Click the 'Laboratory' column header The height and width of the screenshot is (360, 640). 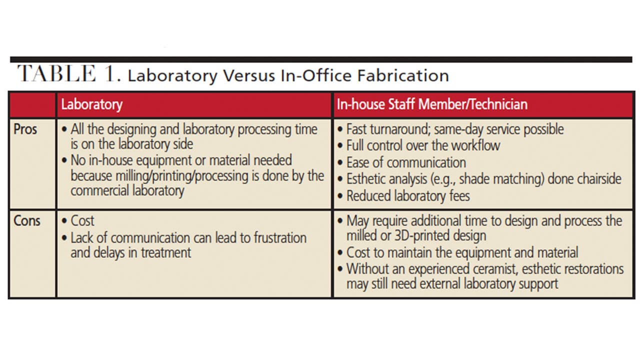91,104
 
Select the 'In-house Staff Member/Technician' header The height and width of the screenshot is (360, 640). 432,104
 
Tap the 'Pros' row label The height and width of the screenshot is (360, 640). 25,129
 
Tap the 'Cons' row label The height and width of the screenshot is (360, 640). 27,221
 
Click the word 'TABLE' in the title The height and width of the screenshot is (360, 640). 56,73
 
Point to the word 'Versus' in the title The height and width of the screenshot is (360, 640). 249,75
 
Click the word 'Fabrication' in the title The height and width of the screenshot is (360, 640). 403,75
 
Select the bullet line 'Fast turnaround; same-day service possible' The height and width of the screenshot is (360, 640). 450,129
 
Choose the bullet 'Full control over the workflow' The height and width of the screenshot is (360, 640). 419,145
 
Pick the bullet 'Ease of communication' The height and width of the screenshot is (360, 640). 401,162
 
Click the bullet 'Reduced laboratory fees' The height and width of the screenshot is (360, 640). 403,196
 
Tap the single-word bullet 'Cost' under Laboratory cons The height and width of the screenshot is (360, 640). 78,221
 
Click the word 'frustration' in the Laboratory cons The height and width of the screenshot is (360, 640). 280,237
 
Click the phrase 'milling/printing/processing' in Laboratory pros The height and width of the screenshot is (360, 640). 182,175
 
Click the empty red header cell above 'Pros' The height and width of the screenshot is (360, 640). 32,104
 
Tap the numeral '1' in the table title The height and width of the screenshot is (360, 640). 110,73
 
